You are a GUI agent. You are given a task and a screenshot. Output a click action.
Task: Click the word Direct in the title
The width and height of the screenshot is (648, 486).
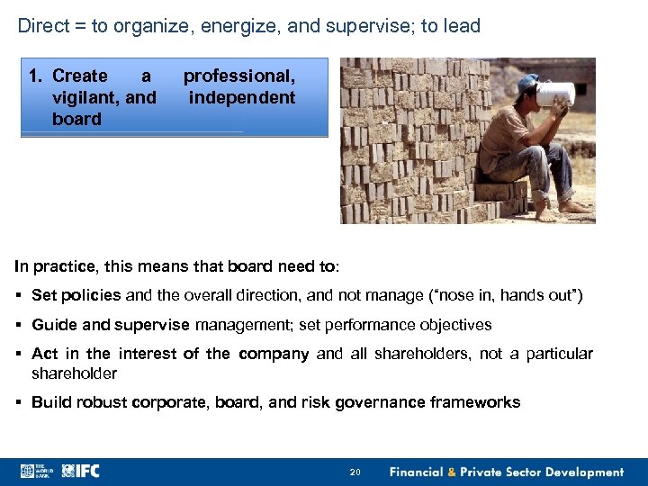tap(43, 26)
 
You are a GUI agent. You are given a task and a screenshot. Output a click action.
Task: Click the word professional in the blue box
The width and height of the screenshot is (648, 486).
tap(239, 76)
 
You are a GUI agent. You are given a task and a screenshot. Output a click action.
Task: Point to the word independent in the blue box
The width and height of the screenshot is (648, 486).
tap(242, 97)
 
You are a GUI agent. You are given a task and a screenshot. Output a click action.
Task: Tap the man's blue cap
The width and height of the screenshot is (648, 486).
tap(528, 83)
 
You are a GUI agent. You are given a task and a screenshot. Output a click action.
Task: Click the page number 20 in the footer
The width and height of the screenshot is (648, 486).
tap(355, 472)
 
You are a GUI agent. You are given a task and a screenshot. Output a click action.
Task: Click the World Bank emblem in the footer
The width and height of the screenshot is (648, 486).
tap(28, 471)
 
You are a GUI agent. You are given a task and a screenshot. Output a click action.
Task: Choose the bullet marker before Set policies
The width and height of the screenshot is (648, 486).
tap(20, 295)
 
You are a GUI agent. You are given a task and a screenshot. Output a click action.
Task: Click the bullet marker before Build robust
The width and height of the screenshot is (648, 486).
tap(20, 402)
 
